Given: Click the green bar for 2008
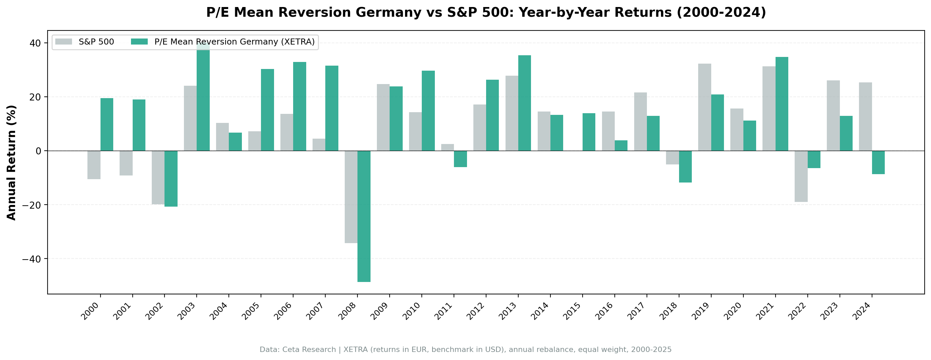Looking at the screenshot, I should [363, 216].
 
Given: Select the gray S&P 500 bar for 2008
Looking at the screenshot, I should [351, 197].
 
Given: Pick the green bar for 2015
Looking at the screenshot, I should [589, 132].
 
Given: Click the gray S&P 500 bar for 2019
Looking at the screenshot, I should [705, 107].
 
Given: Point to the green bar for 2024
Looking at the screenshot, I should [878, 162].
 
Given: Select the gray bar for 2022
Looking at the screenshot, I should [801, 176].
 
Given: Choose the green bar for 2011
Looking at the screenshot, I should [460, 159].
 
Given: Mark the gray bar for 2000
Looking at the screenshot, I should [94, 165].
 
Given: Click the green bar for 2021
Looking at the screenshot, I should [782, 104].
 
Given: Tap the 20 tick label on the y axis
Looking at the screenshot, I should [36, 97].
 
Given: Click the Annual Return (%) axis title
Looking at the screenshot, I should [12, 163].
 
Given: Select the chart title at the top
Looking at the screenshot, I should [486, 13].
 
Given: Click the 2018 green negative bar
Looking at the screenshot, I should [685, 167].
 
